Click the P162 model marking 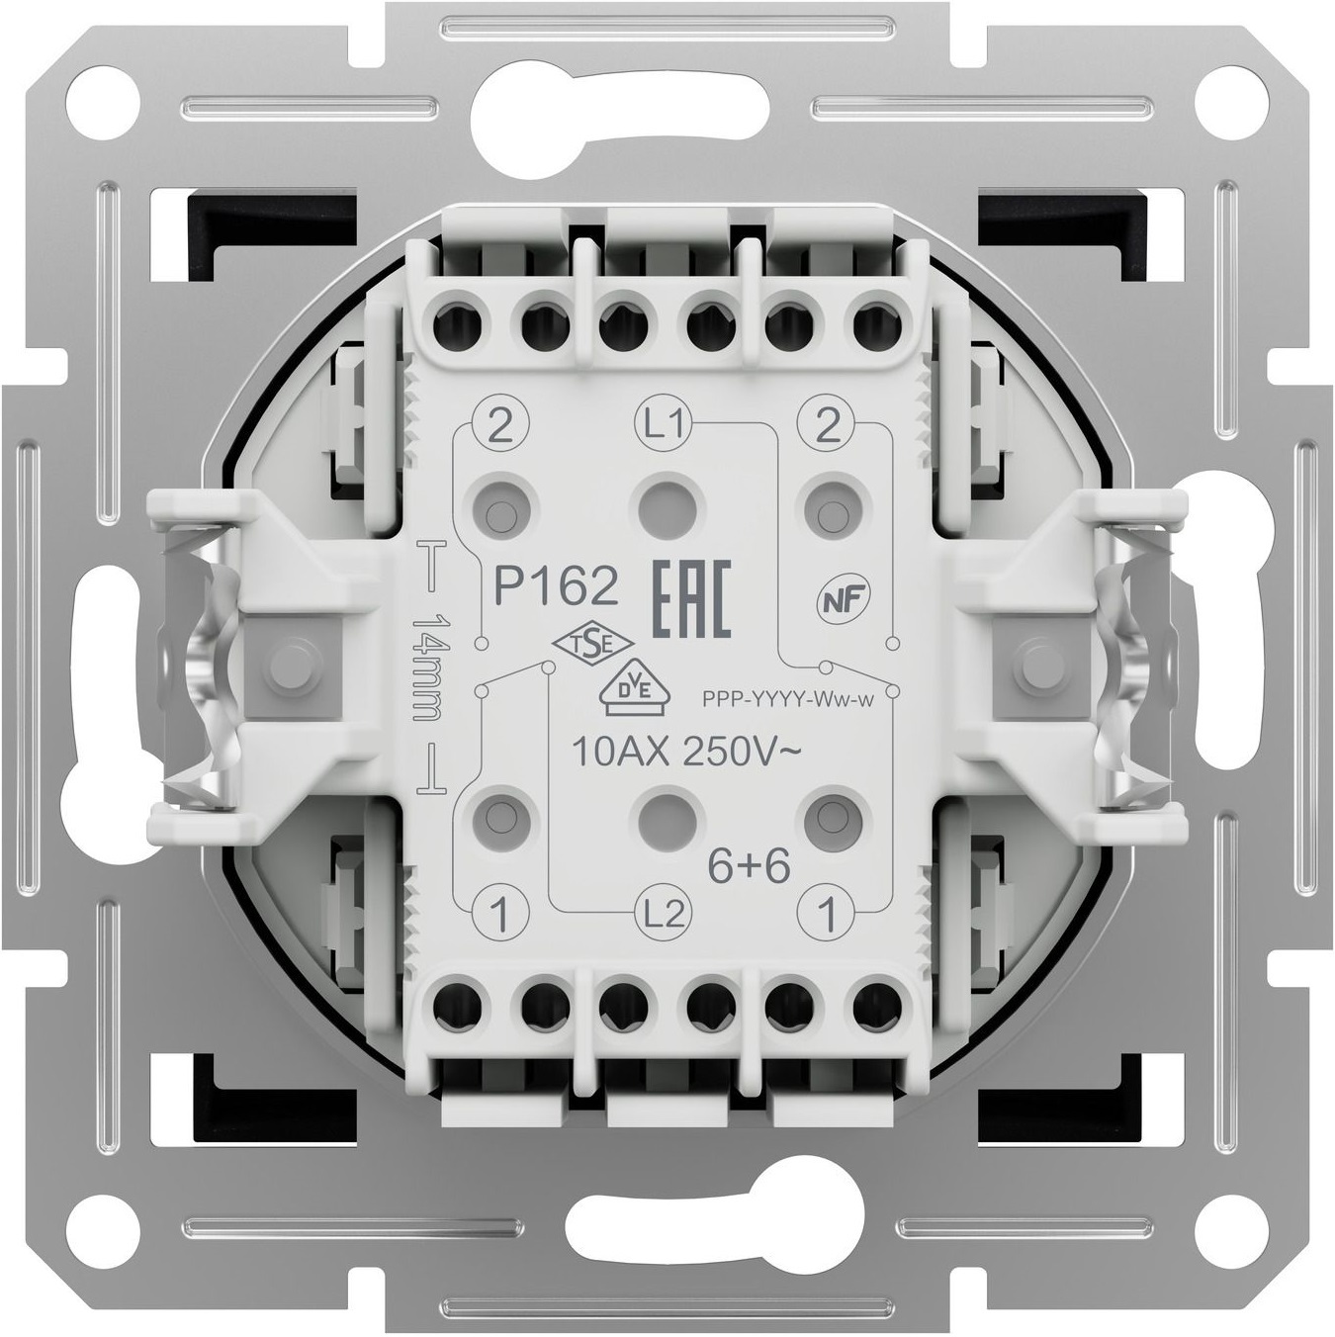tap(555, 587)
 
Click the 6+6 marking tap(749, 867)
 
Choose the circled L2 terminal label tap(663, 914)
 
